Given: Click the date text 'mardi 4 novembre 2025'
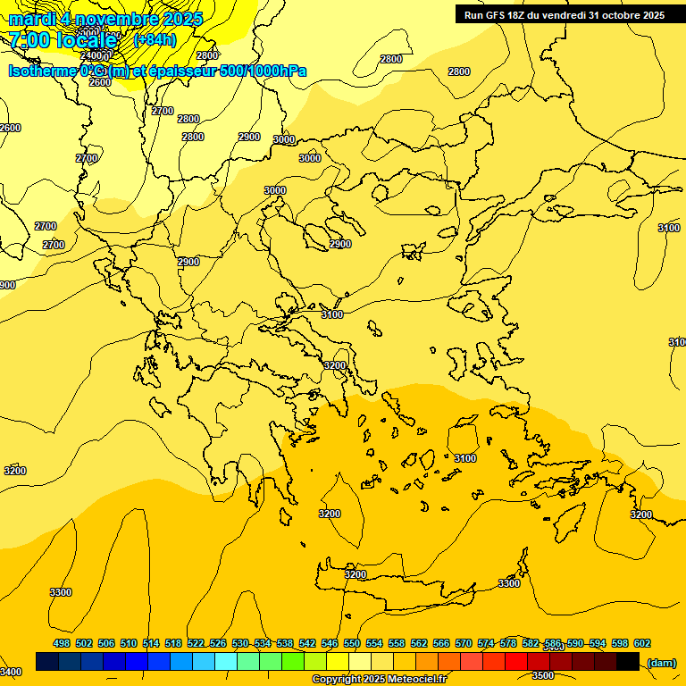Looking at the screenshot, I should click(x=105, y=19).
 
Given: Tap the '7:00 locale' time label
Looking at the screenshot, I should click(x=63, y=40).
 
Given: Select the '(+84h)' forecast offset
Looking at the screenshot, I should click(x=155, y=40).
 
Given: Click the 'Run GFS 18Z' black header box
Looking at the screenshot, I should click(x=565, y=15).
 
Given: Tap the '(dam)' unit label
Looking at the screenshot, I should click(x=661, y=662).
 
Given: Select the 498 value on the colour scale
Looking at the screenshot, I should click(x=62, y=643).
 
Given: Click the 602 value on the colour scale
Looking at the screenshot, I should click(x=641, y=643).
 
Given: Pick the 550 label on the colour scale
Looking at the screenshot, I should click(x=352, y=643).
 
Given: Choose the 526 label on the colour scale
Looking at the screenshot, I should click(x=218, y=643).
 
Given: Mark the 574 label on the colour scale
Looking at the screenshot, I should click(x=486, y=643).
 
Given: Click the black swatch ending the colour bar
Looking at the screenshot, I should click(x=628, y=662).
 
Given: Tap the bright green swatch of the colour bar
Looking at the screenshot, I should click(x=292, y=662).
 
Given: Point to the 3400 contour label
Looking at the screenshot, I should click(x=11, y=672).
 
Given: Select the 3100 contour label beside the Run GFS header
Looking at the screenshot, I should click(x=668, y=228).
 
